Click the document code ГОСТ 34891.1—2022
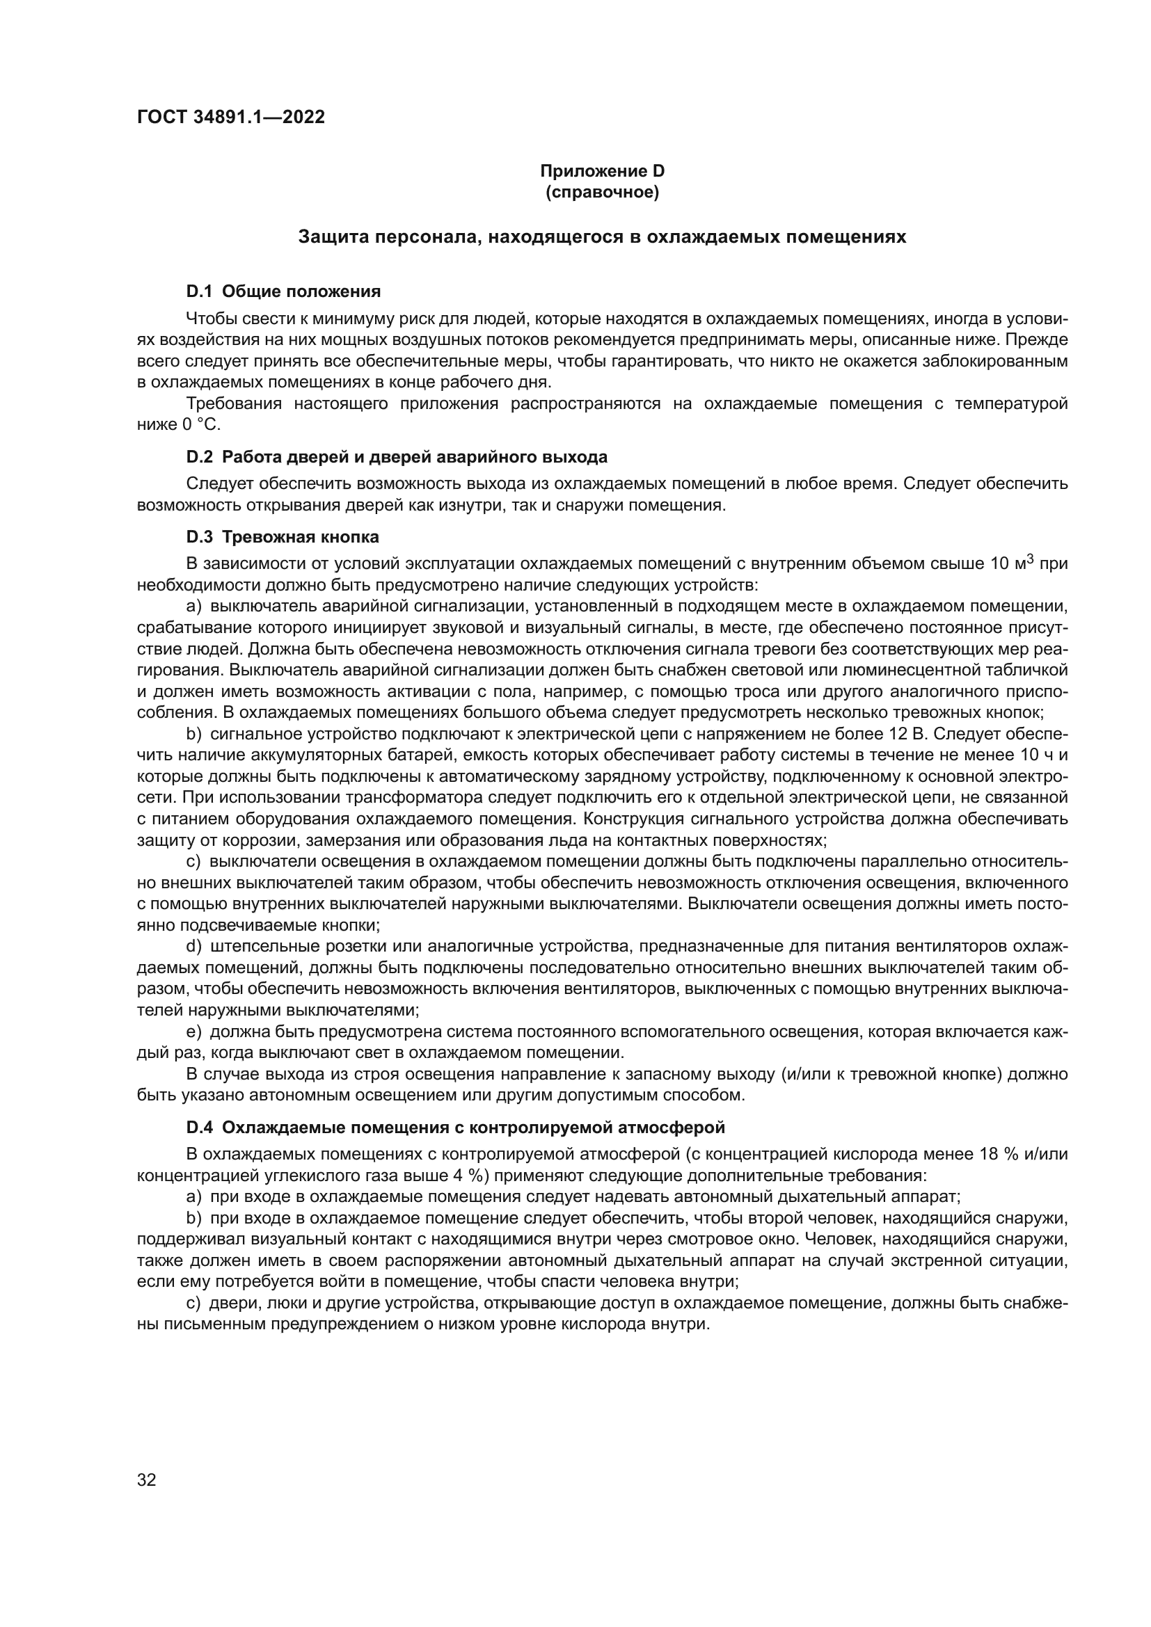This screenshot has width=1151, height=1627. (230, 118)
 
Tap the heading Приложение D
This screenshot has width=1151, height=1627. (602, 171)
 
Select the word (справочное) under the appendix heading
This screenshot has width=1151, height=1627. (602, 192)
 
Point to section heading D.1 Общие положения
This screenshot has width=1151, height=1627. (283, 291)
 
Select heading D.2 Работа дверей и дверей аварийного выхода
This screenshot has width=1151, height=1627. (396, 457)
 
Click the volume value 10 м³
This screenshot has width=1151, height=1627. (1013, 564)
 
